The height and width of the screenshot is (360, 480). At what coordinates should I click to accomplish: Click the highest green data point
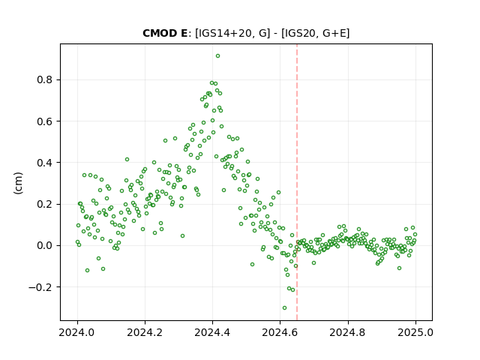pyautogui.click(x=217, y=56)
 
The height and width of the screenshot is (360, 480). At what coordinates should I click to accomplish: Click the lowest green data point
pyautogui.click(x=284, y=308)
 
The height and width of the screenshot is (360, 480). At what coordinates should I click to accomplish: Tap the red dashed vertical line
pyautogui.click(x=297, y=182)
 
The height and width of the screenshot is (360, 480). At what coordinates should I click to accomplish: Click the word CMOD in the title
pyautogui.click(x=158, y=33)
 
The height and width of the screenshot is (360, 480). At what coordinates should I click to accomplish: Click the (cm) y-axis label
pyautogui.click(x=18, y=183)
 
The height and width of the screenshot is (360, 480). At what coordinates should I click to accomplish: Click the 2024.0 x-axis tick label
pyautogui.click(x=77, y=332)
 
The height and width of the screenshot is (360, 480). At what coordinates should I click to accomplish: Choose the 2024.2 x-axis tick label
pyautogui.click(x=145, y=332)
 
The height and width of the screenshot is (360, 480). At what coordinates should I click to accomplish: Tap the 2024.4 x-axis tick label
pyautogui.click(x=212, y=332)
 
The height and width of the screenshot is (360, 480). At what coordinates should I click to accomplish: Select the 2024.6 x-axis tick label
pyautogui.click(x=280, y=332)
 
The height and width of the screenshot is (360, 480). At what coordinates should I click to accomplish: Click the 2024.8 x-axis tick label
pyautogui.click(x=347, y=332)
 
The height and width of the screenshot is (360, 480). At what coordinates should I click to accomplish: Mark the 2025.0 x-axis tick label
pyautogui.click(x=415, y=332)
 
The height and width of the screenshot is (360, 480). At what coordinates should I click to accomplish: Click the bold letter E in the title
pyautogui.click(x=184, y=33)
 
